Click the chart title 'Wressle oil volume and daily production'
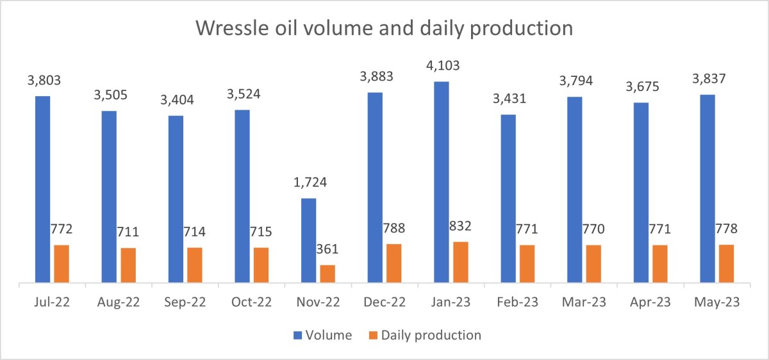384,29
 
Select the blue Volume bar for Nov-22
309,240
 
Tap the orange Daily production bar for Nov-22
327,274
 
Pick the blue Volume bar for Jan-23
442,182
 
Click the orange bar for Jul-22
62,263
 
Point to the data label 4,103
442,65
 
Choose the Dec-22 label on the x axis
384,301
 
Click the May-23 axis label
716,301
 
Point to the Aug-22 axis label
118,301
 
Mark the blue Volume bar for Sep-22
176,199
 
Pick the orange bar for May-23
726,263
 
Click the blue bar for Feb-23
508,198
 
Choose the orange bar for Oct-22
261,265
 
